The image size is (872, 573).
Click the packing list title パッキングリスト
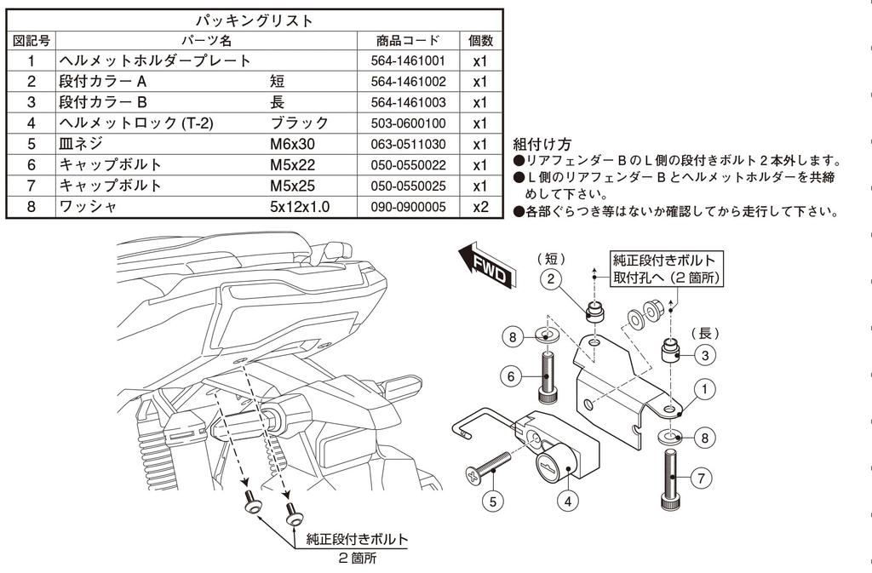(255, 19)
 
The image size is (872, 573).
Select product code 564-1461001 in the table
(408, 61)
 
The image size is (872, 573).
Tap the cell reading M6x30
(292, 144)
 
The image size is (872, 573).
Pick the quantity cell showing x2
(479, 206)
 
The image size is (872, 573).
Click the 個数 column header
(479, 40)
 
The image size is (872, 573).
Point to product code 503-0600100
(408, 123)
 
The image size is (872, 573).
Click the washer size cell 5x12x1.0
(299, 206)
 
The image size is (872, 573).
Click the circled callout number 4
(567, 501)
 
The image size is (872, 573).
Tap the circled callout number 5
(493, 501)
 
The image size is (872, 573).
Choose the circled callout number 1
(704, 389)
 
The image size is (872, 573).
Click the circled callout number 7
(700, 478)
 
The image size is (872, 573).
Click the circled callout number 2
(551, 278)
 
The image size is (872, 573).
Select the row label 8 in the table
(31, 206)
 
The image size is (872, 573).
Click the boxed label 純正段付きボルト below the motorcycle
(356, 539)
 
